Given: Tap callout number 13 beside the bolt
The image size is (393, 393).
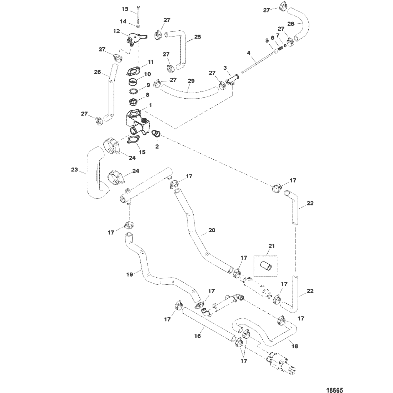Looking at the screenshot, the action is click(125, 9).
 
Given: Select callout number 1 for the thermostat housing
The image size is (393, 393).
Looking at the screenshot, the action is click(151, 105).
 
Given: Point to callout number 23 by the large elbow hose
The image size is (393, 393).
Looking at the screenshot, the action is click(74, 170).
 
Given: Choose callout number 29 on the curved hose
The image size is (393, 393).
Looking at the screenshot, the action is click(191, 81).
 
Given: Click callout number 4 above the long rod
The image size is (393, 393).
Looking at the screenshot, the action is click(248, 53).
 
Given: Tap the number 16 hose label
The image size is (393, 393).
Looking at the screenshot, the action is click(198, 335).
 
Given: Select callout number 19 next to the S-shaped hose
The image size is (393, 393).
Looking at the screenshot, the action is click(130, 274).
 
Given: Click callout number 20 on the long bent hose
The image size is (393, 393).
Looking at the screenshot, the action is click(212, 230).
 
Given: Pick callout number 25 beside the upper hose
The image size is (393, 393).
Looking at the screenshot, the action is click(198, 36).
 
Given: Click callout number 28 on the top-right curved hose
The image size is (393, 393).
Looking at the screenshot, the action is click(290, 24).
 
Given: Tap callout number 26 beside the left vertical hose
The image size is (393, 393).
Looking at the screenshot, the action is click(97, 72).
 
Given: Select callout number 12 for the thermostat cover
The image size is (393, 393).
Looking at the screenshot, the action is click(117, 31).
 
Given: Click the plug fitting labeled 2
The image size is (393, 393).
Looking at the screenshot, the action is click(156, 133).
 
